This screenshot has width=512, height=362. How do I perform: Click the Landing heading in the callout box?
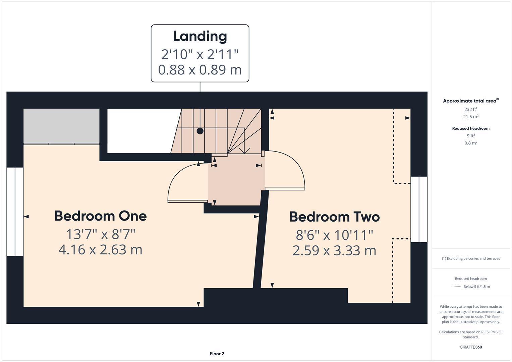(200, 37)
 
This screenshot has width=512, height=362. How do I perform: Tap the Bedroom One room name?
(101, 216)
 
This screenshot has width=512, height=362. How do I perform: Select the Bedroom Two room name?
(334, 217)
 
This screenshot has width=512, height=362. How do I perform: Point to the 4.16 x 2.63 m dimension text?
(101, 250)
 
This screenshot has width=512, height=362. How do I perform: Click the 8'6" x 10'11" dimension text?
(334, 235)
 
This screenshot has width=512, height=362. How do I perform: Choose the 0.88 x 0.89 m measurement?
(200, 70)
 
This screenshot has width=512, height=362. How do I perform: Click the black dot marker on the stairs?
(200, 131)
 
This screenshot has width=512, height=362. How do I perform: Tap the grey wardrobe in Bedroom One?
(61, 126)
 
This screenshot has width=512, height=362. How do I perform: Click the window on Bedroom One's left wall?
(15, 212)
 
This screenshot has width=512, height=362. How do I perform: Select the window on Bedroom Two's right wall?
(419, 209)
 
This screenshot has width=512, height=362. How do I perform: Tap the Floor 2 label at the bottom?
(217, 354)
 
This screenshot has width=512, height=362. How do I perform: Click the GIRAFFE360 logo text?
(471, 347)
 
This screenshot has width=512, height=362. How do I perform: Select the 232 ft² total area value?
(471, 109)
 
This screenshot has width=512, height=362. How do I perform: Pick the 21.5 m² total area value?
(471, 117)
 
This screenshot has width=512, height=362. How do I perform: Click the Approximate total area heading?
(470, 101)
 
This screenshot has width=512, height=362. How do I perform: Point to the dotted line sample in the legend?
(456, 287)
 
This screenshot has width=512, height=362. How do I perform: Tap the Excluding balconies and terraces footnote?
(471, 258)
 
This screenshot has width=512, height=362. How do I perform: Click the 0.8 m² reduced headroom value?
(471, 143)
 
